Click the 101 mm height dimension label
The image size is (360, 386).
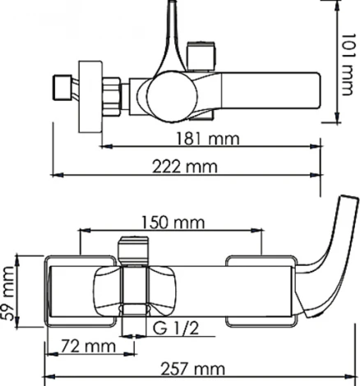[350, 61]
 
